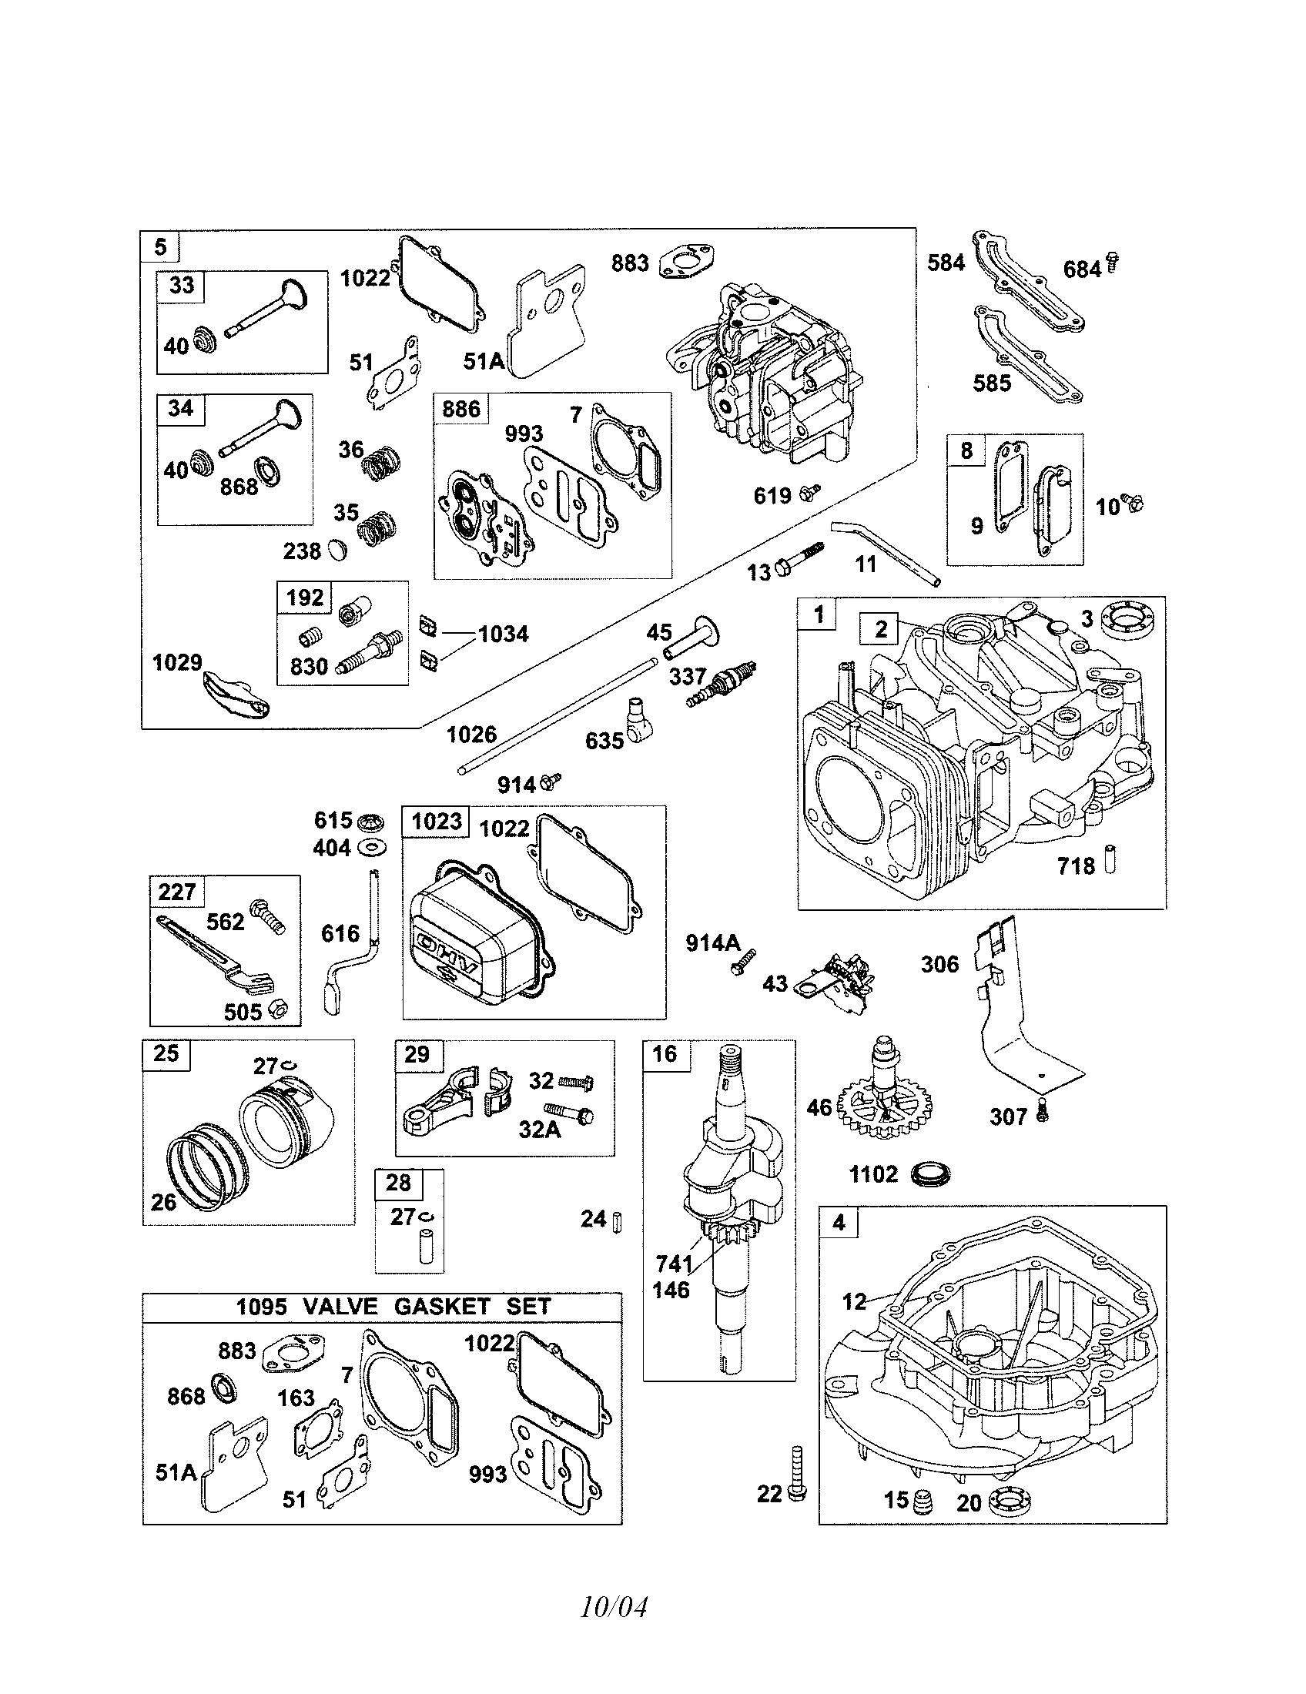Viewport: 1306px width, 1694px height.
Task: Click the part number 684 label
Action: (x=1081, y=270)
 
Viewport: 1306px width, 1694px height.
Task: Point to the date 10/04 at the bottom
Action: (x=614, y=1606)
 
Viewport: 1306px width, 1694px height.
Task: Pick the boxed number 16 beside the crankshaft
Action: (x=665, y=1054)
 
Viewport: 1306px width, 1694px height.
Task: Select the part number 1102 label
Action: (x=873, y=1174)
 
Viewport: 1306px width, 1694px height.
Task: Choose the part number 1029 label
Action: (x=177, y=662)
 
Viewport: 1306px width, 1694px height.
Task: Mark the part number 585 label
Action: (x=992, y=383)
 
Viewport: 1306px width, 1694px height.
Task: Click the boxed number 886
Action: (x=460, y=409)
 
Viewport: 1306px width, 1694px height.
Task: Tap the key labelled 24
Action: (x=618, y=1221)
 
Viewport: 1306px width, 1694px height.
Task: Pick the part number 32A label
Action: (x=540, y=1130)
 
